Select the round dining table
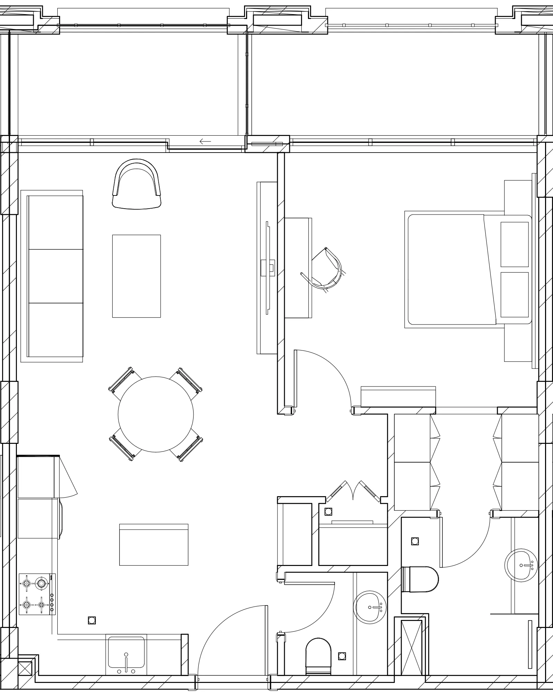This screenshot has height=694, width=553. pyautogui.click(x=156, y=414)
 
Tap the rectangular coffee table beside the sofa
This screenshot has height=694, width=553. pyautogui.click(x=136, y=276)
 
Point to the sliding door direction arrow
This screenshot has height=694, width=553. pyautogui.click(x=205, y=141)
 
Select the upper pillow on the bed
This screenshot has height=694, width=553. pyautogui.click(x=515, y=244)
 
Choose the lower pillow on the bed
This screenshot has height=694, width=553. pyautogui.click(x=515, y=294)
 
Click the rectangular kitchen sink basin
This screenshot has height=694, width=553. pyautogui.click(x=126, y=652)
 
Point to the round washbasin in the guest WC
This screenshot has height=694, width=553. pyautogui.click(x=370, y=608)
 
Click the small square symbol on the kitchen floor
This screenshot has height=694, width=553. pyautogui.click(x=92, y=620)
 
